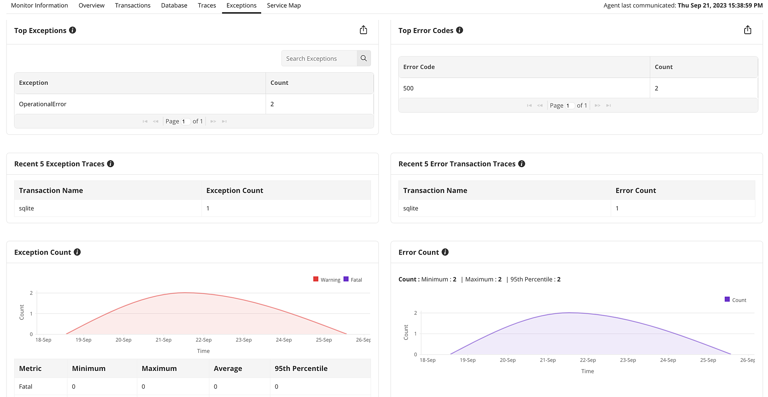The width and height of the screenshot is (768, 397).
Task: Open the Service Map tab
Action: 284,5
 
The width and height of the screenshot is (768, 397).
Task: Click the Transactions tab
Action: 132,5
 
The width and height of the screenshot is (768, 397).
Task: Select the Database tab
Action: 174,5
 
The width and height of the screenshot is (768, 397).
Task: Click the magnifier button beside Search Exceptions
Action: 364,58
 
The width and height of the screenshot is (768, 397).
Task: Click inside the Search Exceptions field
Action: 319,58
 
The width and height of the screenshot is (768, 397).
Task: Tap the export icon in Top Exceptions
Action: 363,30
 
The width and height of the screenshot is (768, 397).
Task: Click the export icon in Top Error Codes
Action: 747,30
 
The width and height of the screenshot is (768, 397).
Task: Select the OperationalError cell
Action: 43,104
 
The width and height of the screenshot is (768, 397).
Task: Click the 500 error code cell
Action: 408,88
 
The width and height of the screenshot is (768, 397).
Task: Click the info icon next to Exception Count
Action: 77,252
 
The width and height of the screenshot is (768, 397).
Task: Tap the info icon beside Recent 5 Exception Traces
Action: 111,164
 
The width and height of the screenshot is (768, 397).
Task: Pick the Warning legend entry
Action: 327,280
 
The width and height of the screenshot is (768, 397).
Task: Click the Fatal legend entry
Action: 353,280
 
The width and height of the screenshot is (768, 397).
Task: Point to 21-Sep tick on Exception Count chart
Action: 163,340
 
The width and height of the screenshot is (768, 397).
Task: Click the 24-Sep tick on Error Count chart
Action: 668,360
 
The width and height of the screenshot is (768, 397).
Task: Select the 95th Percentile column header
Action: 301,368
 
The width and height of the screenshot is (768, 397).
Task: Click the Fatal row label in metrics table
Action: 26,387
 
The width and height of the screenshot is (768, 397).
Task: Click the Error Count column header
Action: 636,190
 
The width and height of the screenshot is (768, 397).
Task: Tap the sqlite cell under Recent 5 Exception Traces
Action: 26,208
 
